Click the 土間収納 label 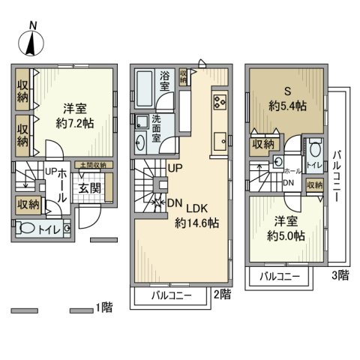93,165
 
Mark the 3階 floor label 341,276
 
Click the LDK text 197,208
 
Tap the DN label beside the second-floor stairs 174,202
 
